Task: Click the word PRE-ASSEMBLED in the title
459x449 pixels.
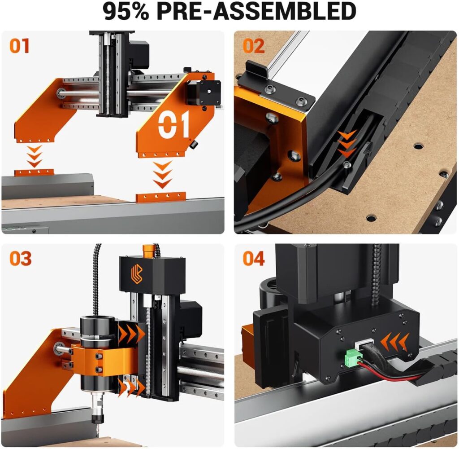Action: [x=256, y=12]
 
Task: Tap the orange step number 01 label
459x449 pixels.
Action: [x=20, y=46]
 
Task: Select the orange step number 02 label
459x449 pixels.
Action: [x=254, y=46]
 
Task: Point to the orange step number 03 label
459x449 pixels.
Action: [x=20, y=259]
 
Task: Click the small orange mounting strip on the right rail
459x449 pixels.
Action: [x=161, y=197]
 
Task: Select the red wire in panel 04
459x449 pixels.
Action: [x=385, y=369]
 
